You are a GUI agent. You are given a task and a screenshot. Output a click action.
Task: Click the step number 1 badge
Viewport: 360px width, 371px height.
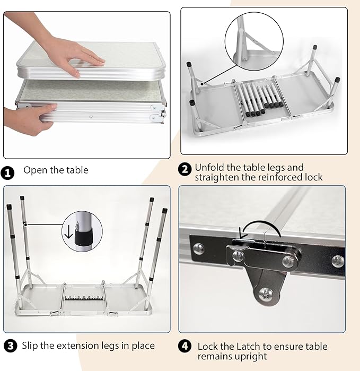tap(7, 172)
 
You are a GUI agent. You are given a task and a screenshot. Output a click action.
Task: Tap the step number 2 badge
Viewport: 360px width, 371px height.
tap(185, 169)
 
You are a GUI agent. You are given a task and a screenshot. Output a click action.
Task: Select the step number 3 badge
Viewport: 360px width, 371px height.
tap(11, 346)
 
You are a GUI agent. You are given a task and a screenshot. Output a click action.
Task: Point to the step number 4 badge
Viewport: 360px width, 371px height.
tap(185, 346)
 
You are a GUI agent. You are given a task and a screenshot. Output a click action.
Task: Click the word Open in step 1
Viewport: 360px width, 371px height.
tap(36, 170)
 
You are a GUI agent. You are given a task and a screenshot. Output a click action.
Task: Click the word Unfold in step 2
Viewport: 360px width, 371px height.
tap(209, 168)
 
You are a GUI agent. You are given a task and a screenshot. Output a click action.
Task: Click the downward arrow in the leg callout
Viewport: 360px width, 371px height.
tap(68, 231)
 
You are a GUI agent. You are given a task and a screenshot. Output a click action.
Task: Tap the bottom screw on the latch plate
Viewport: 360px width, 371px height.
tap(266, 295)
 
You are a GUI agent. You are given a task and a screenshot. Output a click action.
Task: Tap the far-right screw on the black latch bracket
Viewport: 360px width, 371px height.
tap(338, 261)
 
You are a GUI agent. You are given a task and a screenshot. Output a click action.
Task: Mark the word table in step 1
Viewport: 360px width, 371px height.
tap(77, 170)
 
